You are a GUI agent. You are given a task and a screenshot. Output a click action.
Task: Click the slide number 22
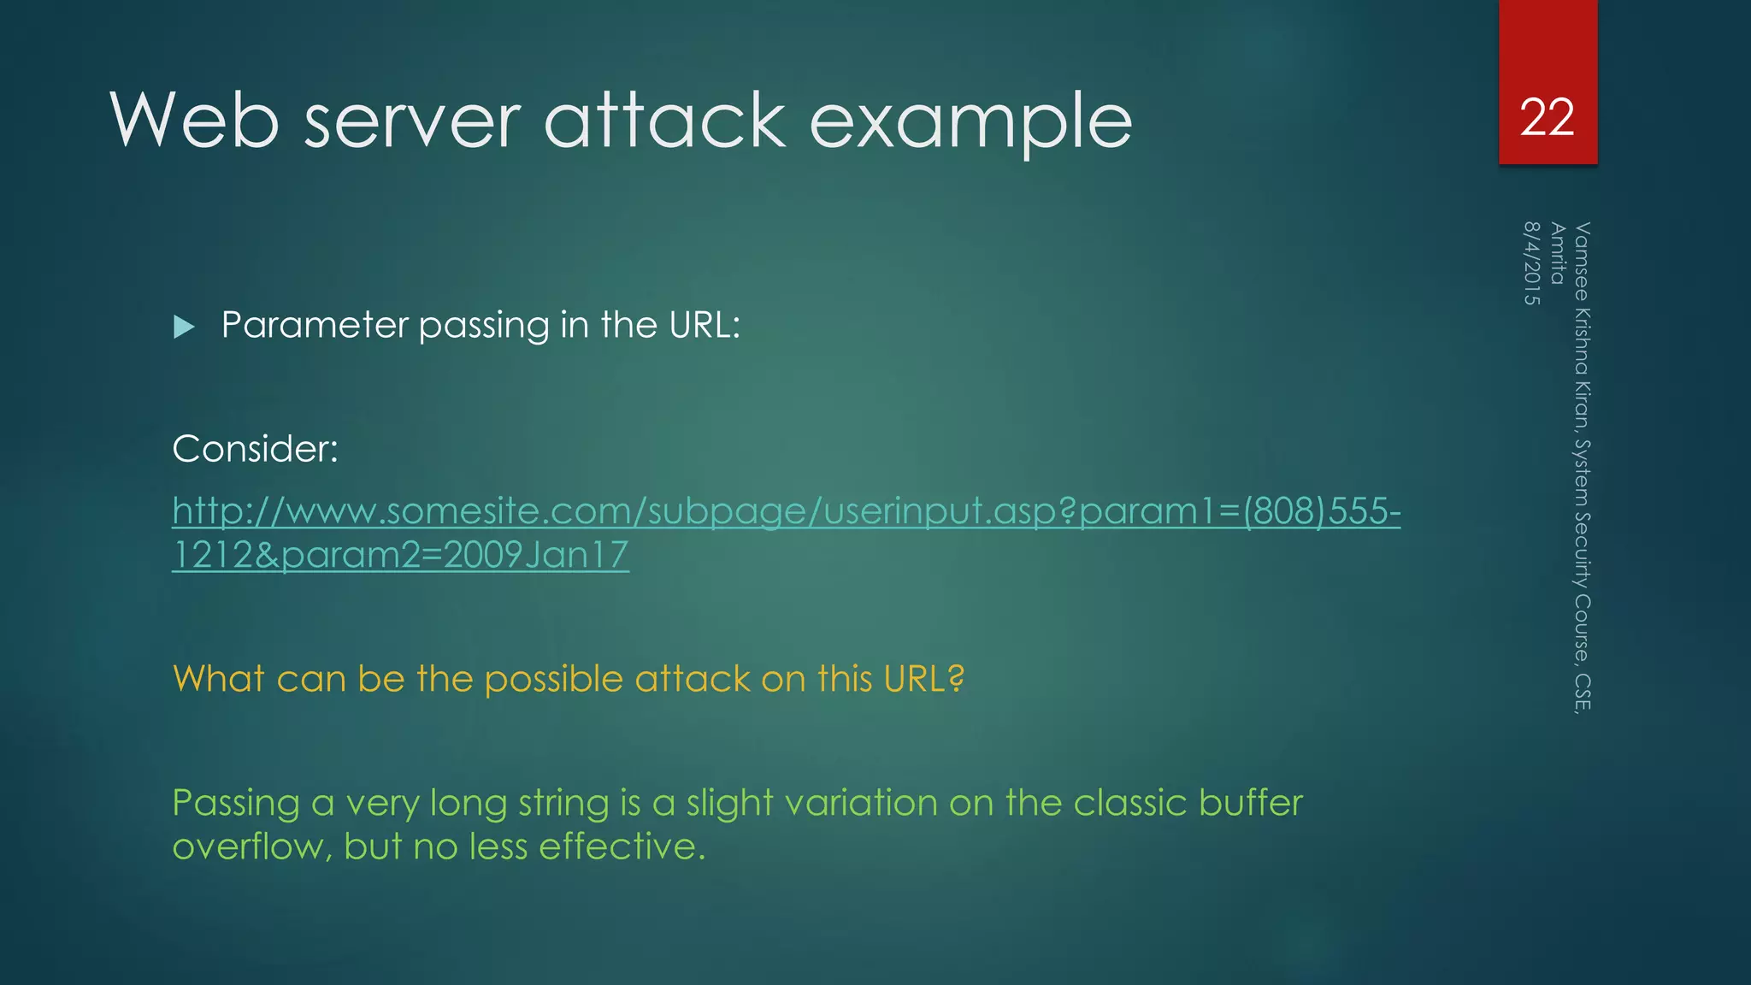click(1547, 117)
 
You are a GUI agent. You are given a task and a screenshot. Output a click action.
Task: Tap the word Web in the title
click(194, 121)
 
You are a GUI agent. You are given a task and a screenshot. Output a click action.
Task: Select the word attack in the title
click(664, 121)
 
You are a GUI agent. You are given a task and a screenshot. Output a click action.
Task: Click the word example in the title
click(970, 122)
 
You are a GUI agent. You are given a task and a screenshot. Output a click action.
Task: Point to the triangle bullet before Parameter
click(184, 327)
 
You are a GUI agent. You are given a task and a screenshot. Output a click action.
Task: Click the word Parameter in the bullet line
click(315, 326)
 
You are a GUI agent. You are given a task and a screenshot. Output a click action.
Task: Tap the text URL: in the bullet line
click(704, 325)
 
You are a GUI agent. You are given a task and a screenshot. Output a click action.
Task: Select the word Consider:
click(255, 449)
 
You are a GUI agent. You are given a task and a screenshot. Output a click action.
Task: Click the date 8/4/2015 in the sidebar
click(1531, 263)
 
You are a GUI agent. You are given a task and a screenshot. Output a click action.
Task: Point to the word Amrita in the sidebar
click(1558, 253)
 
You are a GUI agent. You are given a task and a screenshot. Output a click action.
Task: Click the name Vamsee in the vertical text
click(1583, 261)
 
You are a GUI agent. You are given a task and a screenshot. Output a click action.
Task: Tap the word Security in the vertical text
click(1583, 548)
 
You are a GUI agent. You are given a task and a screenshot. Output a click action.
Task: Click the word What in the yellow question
click(218, 679)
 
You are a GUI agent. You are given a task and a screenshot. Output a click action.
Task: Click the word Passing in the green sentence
click(235, 804)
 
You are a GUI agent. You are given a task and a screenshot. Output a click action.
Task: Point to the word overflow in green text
click(251, 847)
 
